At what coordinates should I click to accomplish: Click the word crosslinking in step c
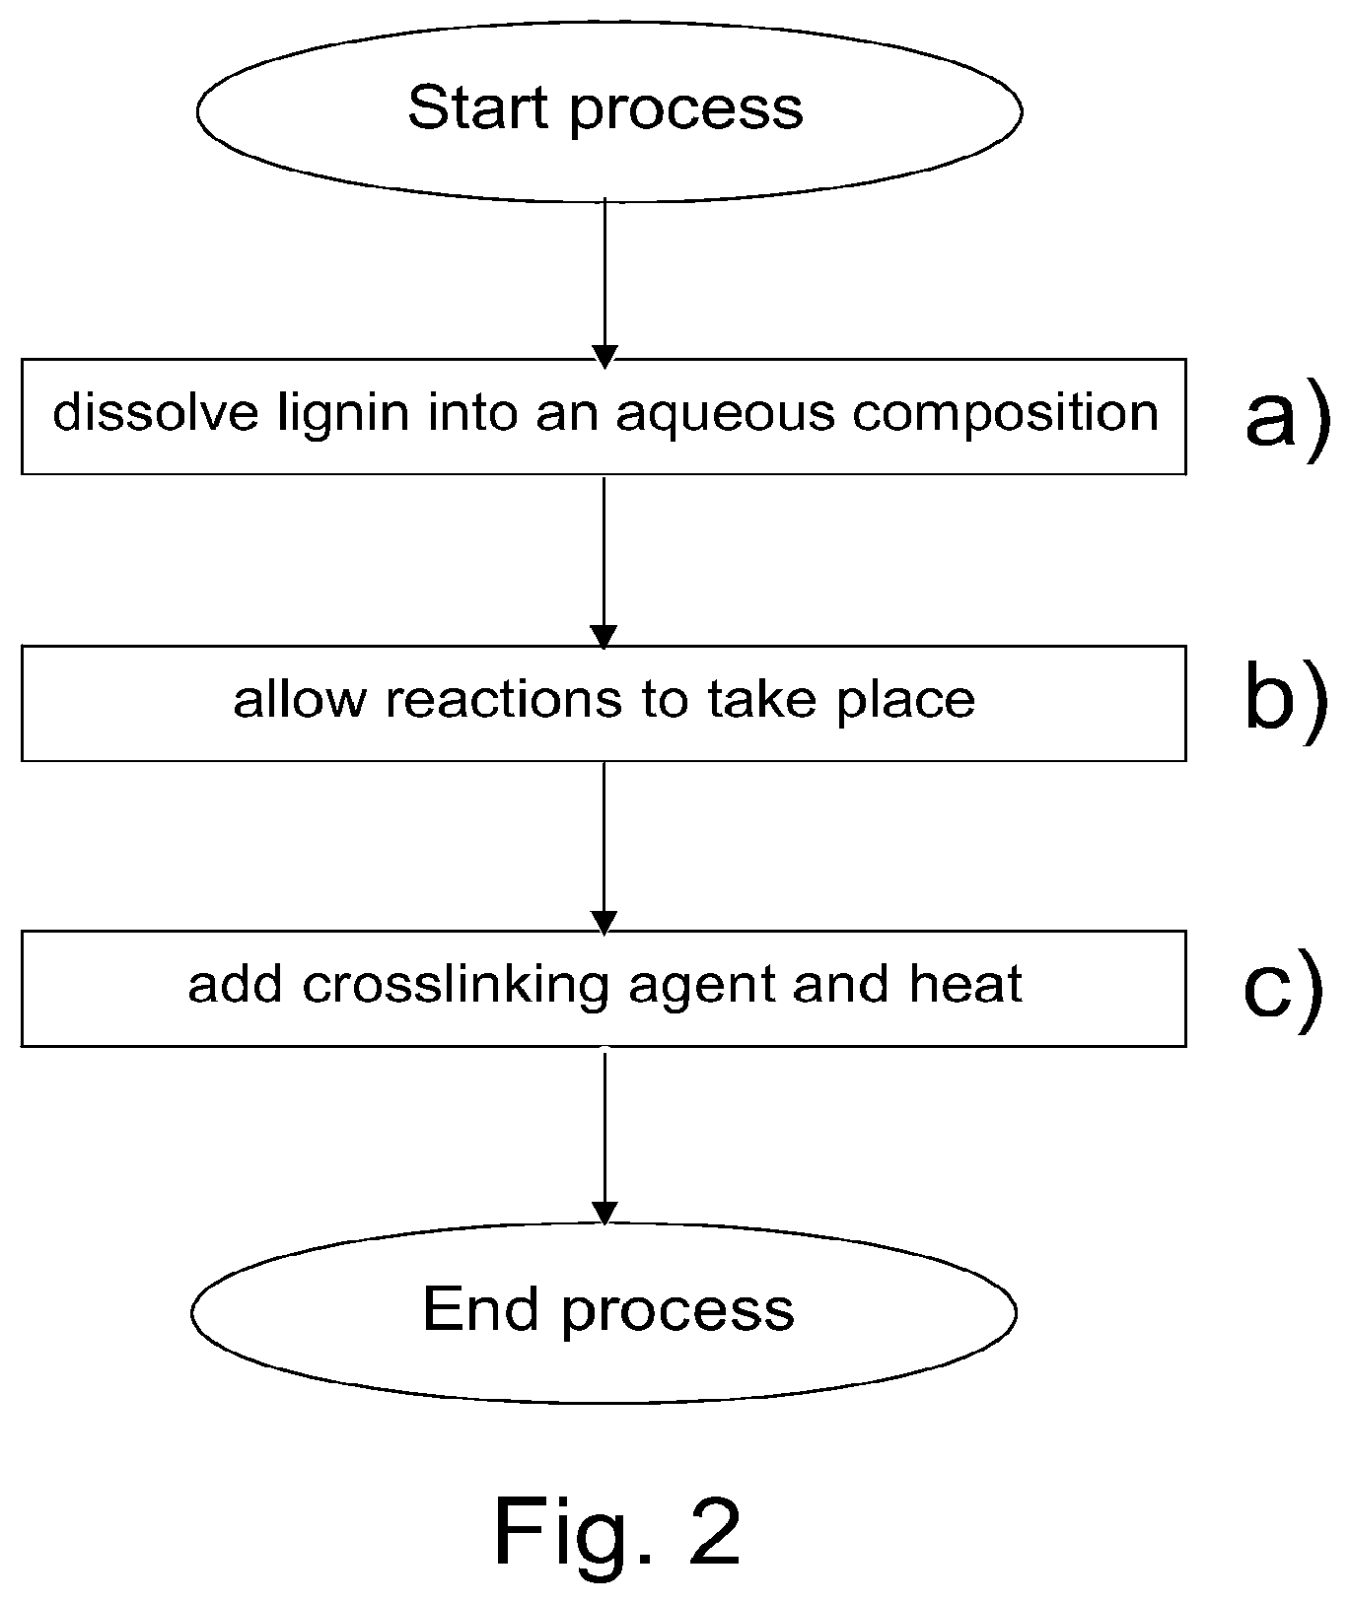pyautogui.click(x=455, y=986)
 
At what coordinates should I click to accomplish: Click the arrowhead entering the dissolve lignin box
pyautogui.click(x=604, y=356)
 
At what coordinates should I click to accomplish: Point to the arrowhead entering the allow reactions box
pyautogui.click(x=603, y=637)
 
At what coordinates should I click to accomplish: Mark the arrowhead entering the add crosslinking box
pyautogui.click(x=603, y=921)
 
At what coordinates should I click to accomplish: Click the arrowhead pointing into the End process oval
pyautogui.click(x=604, y=1213)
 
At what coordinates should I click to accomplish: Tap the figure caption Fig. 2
pyautogui.click(x=616, y=1531)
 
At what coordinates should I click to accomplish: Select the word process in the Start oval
pyautogui.click(x=686, y=111)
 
